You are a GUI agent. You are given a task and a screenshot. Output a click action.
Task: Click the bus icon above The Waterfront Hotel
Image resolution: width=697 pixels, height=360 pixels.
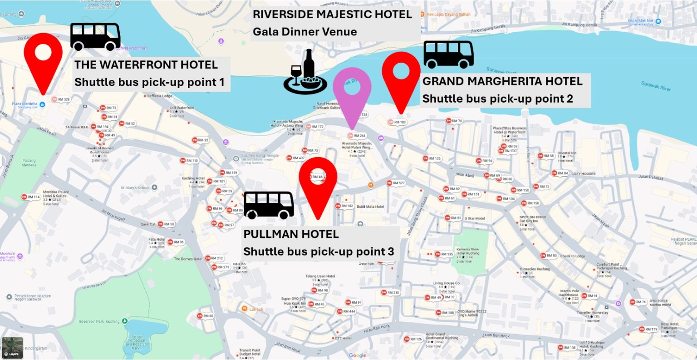point(95,36)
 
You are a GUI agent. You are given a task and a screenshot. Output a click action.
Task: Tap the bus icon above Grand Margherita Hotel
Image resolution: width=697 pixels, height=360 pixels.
point(449,54)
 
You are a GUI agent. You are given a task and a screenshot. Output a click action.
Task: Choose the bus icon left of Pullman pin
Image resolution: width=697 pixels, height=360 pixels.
point(269,205)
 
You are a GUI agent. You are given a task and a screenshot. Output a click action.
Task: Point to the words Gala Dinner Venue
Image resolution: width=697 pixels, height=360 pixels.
point(304,32)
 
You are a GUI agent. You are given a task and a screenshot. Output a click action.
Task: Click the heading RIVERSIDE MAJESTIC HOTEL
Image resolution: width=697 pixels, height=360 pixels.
point(332,15)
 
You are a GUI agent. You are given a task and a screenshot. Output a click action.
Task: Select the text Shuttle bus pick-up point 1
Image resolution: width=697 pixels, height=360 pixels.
point(149,82)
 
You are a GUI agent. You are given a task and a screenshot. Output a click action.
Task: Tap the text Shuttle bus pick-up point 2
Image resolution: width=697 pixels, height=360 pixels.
point(497,99)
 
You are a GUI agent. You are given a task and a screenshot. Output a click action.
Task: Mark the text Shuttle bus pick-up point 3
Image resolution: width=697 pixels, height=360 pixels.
point(319,252)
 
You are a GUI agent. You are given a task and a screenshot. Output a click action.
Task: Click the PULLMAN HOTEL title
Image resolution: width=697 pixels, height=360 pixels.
point(291,234)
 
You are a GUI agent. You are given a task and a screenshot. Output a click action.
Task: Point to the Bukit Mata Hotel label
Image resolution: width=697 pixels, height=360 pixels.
point(370,207)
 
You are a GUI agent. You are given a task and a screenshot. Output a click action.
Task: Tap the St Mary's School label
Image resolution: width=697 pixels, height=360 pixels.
point(135,187)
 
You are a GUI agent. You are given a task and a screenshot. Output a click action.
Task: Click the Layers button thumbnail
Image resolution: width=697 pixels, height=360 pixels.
point(12,348)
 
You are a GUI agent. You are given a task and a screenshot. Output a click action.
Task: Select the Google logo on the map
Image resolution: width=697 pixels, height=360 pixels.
point(357,355)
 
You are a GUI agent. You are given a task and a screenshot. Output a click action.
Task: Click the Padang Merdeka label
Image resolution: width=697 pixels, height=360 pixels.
point(29,163)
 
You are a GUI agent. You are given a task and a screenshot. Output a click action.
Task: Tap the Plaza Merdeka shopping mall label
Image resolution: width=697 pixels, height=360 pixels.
point(25,104)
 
